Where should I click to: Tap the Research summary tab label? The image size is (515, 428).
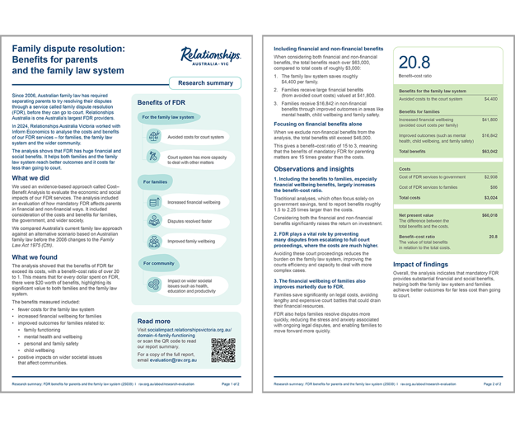pos(205,83)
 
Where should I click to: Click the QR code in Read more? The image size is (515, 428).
pos(222,350)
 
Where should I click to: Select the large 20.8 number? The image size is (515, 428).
pos(414,63)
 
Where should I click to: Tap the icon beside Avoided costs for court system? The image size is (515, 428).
pos(153,137)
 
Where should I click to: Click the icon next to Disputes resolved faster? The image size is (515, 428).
pos(153,220)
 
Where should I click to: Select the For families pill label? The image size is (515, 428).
pos(155,181)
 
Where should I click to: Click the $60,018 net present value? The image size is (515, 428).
pos(489,214)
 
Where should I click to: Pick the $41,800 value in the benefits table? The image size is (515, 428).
pos(489,120)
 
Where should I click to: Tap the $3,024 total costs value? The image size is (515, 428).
pos(489,198)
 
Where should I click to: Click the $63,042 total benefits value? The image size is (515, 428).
pos(489,152)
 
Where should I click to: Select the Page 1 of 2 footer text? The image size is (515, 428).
pos(230,384)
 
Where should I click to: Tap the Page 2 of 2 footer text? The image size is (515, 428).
pos(492,384)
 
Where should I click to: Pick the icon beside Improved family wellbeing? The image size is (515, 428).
pos(153,241)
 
